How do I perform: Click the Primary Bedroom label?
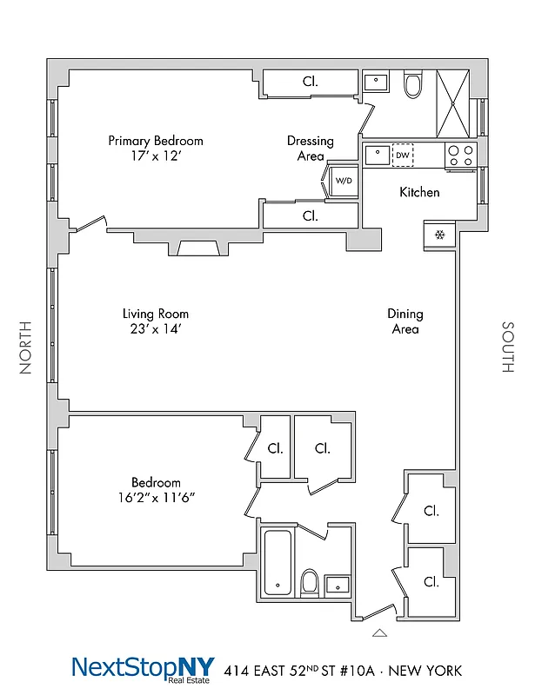(x=155, y=141)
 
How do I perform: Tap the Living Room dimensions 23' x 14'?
(x=155, y=329)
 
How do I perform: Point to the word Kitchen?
(x=419, y=192)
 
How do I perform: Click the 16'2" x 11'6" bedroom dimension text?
(x=156, y=497)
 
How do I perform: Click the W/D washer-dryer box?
(x=344, y=181)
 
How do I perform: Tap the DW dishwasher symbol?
(x=402, y=156)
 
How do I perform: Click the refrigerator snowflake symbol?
(x=439, y=235)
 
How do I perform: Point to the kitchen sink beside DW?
(x=378, y=156)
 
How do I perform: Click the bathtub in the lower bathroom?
(x=277, y=562)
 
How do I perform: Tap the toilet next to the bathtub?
(x=309, y=580)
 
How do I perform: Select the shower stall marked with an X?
(x=453, y=103)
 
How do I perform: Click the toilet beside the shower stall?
(x=413, y=85)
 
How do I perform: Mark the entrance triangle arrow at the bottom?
(x=378, y=633)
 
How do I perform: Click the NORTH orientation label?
(x=25, y=347)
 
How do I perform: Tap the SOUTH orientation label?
(x=507, y=347)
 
